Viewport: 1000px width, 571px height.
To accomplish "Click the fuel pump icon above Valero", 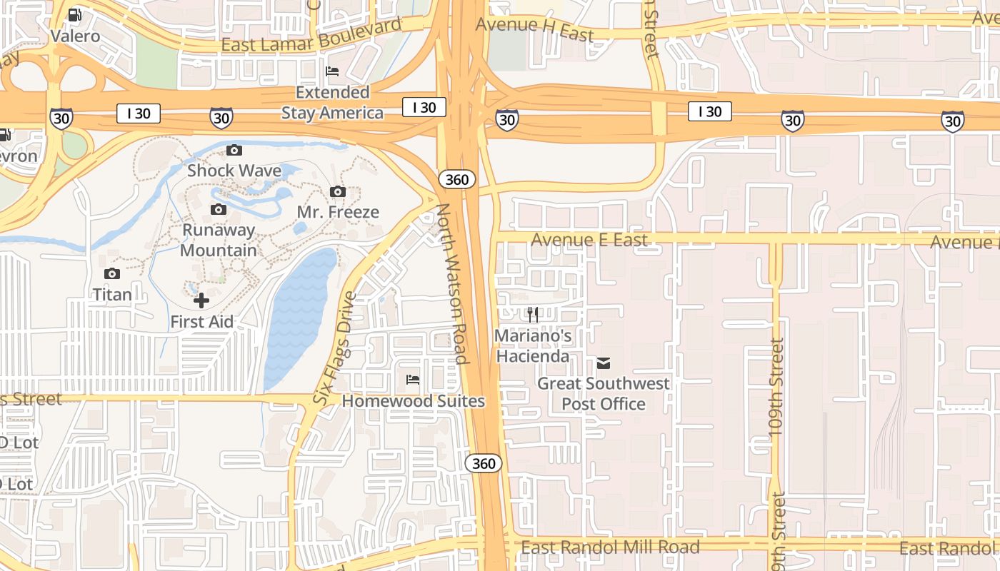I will (74, 15).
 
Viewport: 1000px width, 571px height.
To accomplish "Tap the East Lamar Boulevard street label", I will (311, 36).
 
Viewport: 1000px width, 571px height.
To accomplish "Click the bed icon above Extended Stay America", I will (332, 71).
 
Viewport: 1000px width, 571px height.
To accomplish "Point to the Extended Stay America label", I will (332, 103).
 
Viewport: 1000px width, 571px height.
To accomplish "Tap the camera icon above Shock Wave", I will (234, 150).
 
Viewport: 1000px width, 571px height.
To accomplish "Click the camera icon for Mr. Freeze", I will (338, 191).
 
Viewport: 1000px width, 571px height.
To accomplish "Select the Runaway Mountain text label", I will (218, 240).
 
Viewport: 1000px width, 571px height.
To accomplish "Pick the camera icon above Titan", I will (111, 273).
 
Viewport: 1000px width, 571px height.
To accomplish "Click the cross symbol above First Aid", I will (201, 300).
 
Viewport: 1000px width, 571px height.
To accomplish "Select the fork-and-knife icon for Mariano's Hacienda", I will (533, 314).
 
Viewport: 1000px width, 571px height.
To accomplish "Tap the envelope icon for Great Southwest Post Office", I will (604, 363).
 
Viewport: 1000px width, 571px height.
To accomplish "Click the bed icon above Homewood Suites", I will (413, 379).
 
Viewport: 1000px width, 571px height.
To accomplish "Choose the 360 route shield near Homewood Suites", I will (484, 463).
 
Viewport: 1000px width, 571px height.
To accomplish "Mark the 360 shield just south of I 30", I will (456, 179).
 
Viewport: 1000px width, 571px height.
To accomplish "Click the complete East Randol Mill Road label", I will (610, 547).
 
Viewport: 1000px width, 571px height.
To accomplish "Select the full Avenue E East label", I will (589, 240).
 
